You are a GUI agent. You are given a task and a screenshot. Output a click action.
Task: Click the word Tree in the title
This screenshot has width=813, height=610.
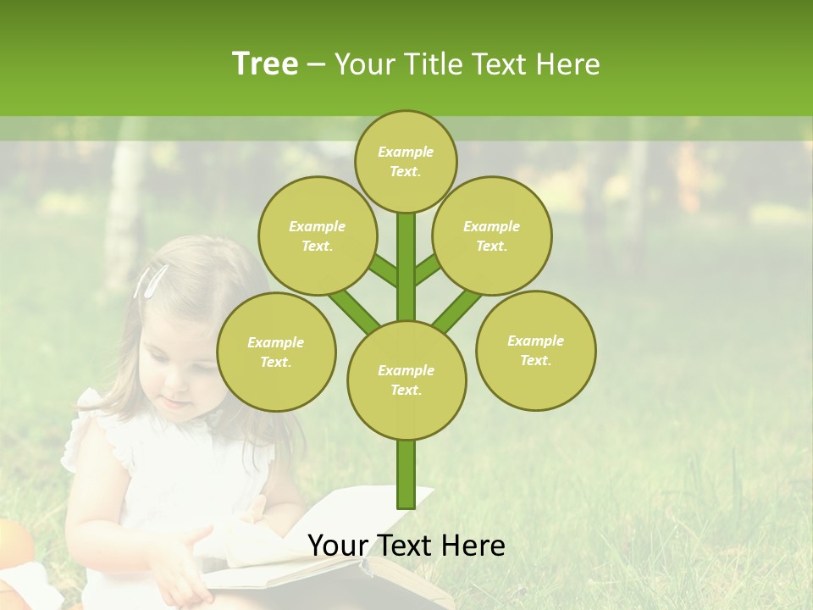[x=265, y=64]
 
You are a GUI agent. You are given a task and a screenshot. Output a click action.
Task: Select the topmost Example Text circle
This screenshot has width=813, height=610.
[x=406, y=161]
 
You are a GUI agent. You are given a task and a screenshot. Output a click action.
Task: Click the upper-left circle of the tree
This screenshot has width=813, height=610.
[x=317, y=236]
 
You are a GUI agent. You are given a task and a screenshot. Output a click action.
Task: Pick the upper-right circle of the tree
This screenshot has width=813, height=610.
[x=492, y=236]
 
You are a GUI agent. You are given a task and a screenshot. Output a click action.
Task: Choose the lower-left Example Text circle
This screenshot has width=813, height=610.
[x=276, y=352]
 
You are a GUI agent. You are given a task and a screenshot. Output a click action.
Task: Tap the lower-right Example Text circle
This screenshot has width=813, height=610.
[x=535, y=350]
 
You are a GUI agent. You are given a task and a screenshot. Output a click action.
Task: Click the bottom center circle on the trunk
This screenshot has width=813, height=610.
[x=406, y=380]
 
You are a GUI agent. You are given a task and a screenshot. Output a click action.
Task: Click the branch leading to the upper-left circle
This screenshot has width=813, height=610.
[x=382, y=271]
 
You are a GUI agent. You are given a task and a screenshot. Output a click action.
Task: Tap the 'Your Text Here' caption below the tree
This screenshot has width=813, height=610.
[x=406, y=546]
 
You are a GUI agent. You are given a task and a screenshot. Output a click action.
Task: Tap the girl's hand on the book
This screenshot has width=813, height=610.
[x=182, y=563]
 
